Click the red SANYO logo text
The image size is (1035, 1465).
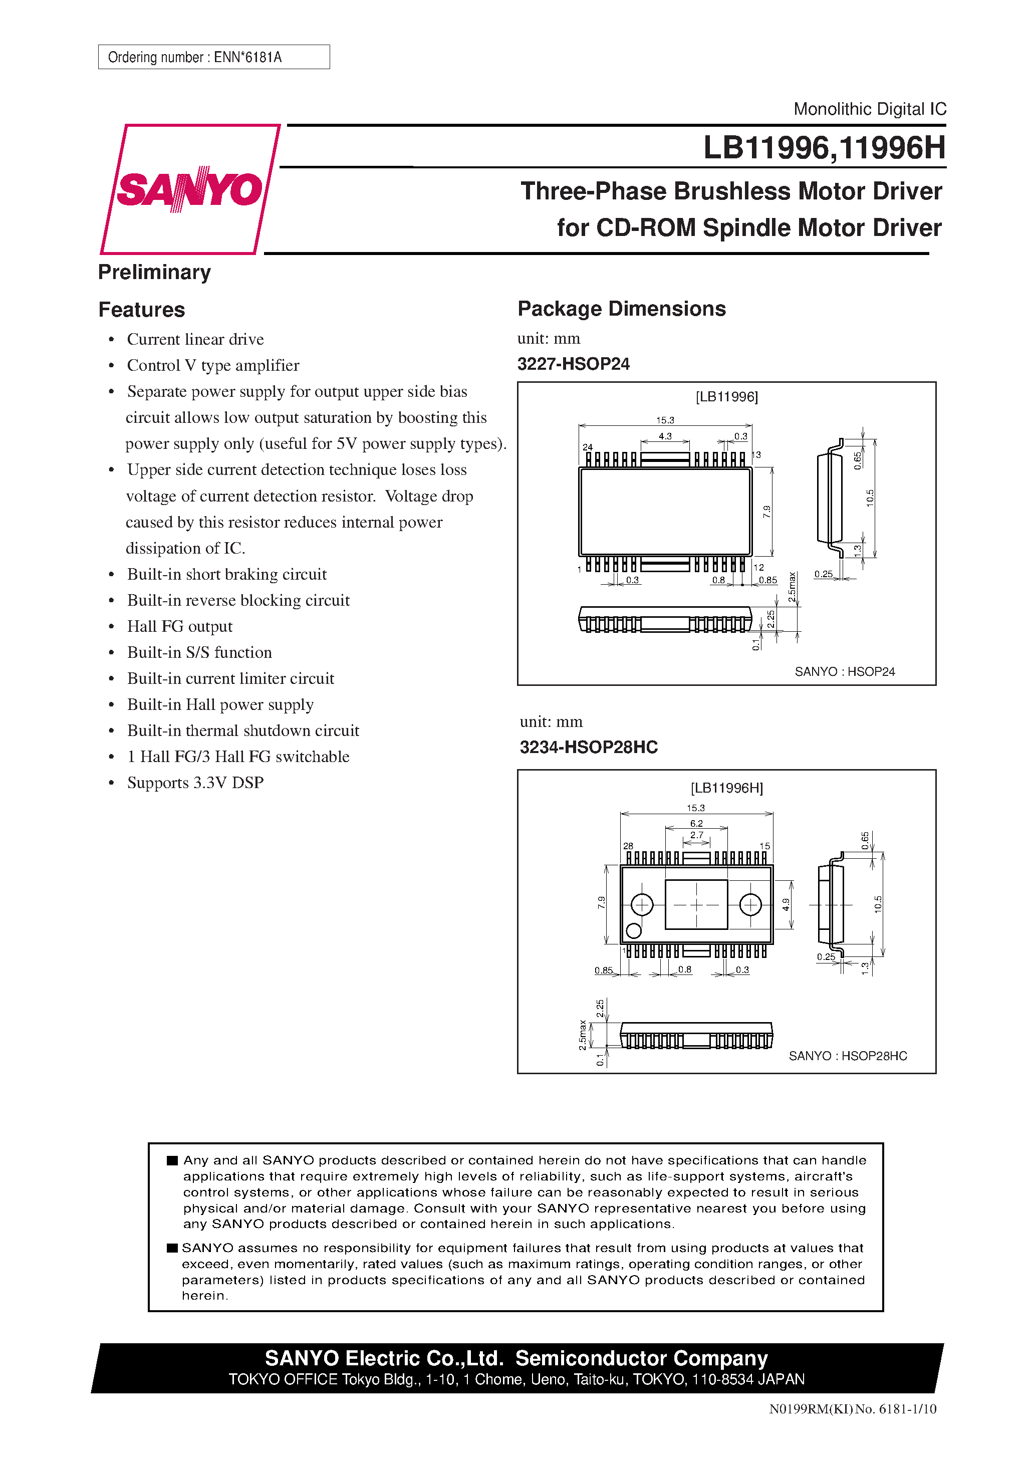(x=189, y=189)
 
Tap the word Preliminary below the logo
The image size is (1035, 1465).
(x=154, y=273)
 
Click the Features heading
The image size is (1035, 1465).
(x=142, y=310)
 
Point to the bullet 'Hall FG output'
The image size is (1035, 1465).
(x=179, y=627)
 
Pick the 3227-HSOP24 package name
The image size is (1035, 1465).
(x=573, y=364)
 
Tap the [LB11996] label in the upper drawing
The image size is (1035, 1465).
(x=726, y=397)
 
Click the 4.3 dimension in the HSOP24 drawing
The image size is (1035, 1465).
(x=665, y=436)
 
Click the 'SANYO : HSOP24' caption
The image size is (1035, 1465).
(x=844, y=672)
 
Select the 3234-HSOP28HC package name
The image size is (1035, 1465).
(x=588, y=747)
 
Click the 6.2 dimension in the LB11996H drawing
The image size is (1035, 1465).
(x=696, y=824)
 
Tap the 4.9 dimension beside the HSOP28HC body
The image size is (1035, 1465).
(x=786, y=904)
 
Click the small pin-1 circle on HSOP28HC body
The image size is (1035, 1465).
(x=634, y=931)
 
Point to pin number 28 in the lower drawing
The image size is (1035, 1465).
(x=628, y=846)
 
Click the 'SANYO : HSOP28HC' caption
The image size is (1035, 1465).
(x=848, y=1056)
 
